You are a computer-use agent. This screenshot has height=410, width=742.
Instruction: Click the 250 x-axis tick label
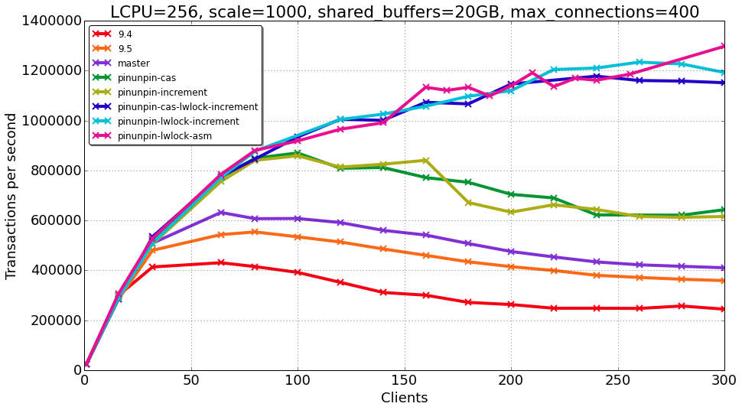pyautogui.click(x=618, y=381)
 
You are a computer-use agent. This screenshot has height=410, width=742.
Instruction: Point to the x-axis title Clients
pyautogui.click(x=404, y=399)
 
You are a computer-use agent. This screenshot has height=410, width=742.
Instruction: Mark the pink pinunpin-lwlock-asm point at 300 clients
pyautogui.click(x=724, y=46)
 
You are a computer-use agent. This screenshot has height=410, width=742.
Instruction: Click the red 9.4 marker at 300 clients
pyautogui.click(x=724, y=309)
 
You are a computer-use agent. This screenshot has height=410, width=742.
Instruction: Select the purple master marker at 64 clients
pyautogui.click(x=221, y=213)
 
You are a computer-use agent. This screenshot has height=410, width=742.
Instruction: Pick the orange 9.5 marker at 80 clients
pyautogui.click(x=255, y=232)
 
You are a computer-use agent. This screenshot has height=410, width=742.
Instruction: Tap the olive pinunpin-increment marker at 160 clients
pyautogui.click(x=426, y=161)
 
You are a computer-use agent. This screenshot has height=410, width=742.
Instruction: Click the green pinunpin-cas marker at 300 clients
pyautogui.click(x=724, y=210)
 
